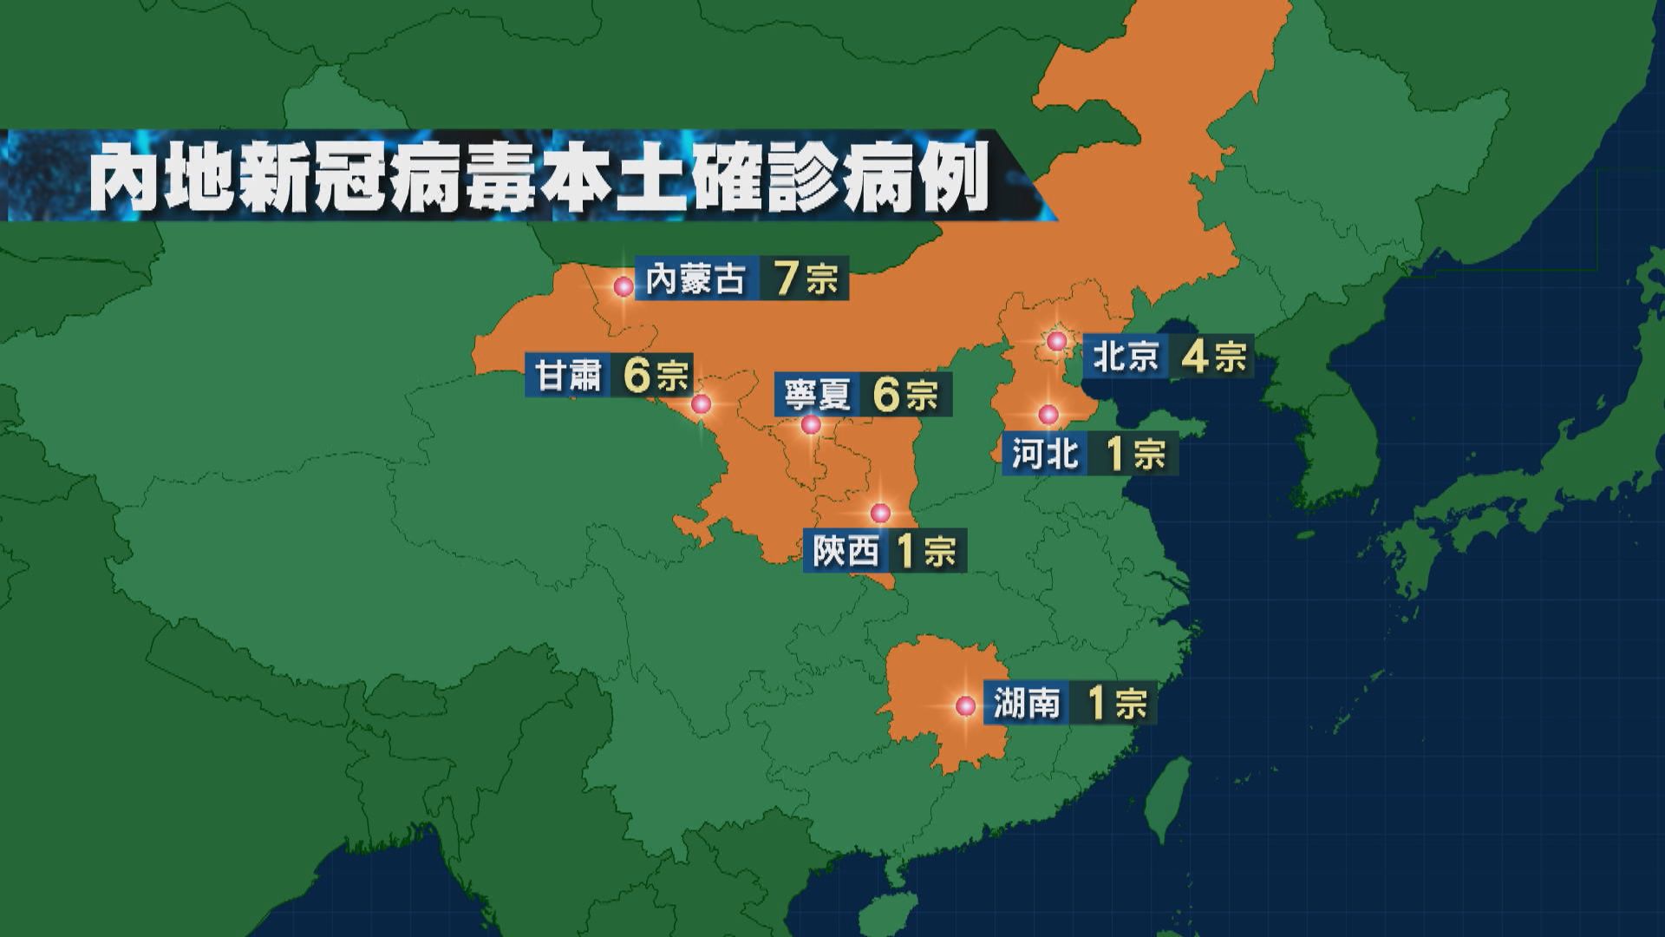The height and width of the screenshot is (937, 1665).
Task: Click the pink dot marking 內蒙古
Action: pos(624,286)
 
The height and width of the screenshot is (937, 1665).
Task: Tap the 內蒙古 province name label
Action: pos(695,279)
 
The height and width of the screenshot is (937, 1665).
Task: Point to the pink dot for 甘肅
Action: pos(701,404)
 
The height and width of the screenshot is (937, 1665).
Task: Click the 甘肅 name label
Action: pos(568,376)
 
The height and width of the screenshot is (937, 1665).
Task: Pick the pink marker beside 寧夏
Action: pos(811,424)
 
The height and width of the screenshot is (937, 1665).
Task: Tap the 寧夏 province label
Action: pos(816,396)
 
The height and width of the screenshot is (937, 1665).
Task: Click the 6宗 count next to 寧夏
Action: pos(905,396)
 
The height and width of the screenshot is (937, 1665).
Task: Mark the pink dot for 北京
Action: pos(1056,341)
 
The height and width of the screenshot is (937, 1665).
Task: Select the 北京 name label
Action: pos(1126,357)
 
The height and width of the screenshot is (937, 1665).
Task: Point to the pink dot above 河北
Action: pos(1048,415)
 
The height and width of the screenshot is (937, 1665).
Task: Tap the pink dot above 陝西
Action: pos(880,513)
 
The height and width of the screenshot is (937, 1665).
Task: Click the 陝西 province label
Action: pos(846,552)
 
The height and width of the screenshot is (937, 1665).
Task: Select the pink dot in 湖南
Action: pos(965,706)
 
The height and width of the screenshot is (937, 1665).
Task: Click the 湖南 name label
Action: pos(1027,704)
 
